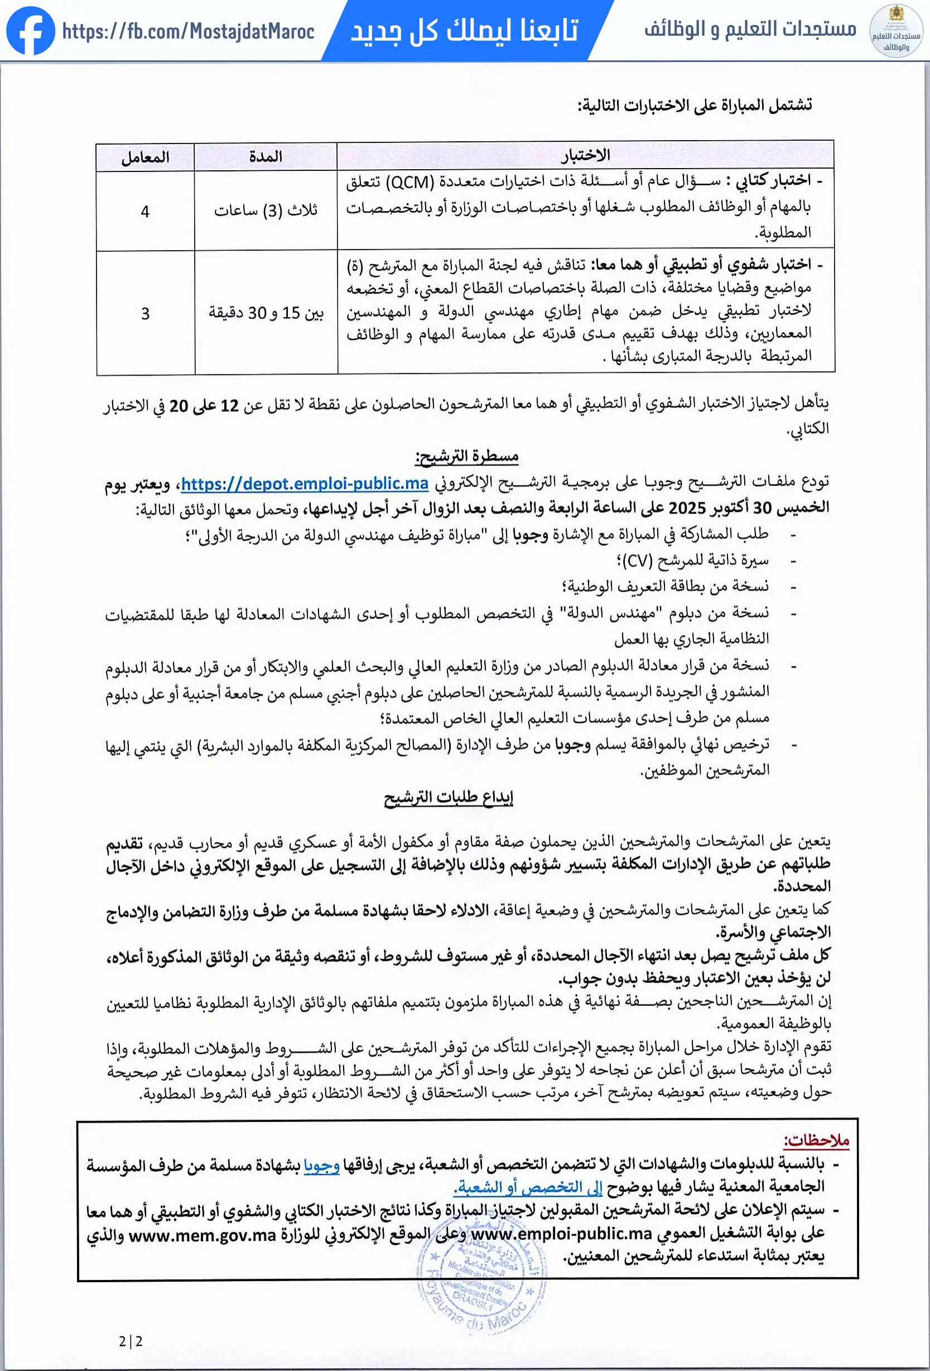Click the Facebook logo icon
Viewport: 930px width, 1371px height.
tap(30, 31)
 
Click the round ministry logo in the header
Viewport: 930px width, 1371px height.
tap(897, 31)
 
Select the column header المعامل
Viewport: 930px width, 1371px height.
tap(145, 157)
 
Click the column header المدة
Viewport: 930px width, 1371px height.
tap(266, 156)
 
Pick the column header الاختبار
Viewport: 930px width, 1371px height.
tap(585, 155)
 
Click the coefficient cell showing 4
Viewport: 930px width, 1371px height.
tap(145, 211)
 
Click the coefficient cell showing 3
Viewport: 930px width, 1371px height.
tap(145, 313)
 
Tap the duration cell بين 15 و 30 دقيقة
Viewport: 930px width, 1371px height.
tap(266, 313)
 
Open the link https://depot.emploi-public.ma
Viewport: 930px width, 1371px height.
tap(304, 484)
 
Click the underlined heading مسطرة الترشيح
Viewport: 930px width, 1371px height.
tap(466, 457)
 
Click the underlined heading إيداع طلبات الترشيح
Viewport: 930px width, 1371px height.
tap(448, 798)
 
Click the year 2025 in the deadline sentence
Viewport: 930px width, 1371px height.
tap(687, 508)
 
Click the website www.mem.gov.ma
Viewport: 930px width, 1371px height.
tap(203, 1235)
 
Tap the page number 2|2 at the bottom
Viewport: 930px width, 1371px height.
tap(131, 1341)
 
